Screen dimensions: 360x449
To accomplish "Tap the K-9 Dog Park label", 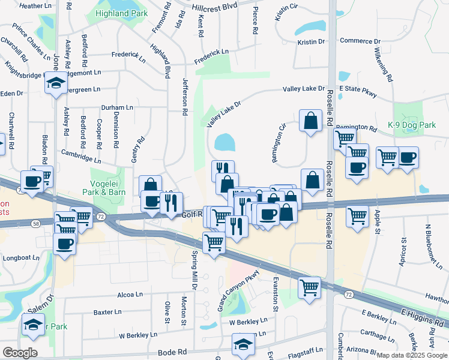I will [x=411, y=125].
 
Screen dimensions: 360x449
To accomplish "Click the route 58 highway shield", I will [x=37, y=223].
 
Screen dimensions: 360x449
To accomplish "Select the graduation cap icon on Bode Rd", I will [x=243, y=344].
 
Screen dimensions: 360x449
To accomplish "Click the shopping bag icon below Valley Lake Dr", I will [x=311, y=121].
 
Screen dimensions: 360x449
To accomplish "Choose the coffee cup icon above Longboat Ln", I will [x=65, y=243].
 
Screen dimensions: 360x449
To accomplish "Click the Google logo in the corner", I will [x=20, y=353].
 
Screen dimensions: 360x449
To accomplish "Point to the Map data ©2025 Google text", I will [x=411, y=355].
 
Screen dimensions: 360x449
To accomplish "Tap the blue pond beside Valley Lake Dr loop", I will [x=225, y=142].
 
